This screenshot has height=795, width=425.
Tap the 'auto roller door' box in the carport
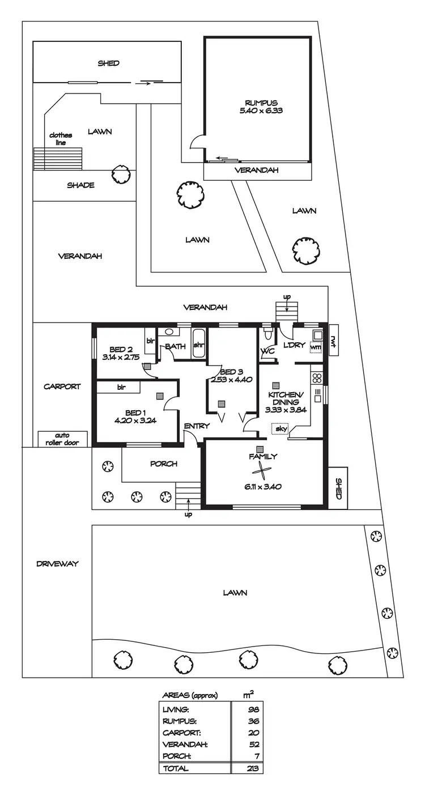(x=62, y=439)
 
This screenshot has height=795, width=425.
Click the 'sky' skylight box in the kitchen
(x=280, y=429)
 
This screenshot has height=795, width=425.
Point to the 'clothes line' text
(x=61, y=139)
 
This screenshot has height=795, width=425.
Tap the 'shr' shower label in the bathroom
(x=199, y=346)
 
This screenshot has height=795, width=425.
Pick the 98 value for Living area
(x=253, y=709)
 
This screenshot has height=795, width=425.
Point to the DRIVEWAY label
(x=57, y=564)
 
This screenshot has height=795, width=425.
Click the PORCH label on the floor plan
(x=164, y=464)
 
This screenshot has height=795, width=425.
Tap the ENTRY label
(x=197, y=426)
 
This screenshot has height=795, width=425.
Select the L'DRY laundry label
(x=294, y=345)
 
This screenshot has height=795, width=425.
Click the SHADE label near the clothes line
(x=80, y=185)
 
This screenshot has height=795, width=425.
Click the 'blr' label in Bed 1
(x=121, y=387)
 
